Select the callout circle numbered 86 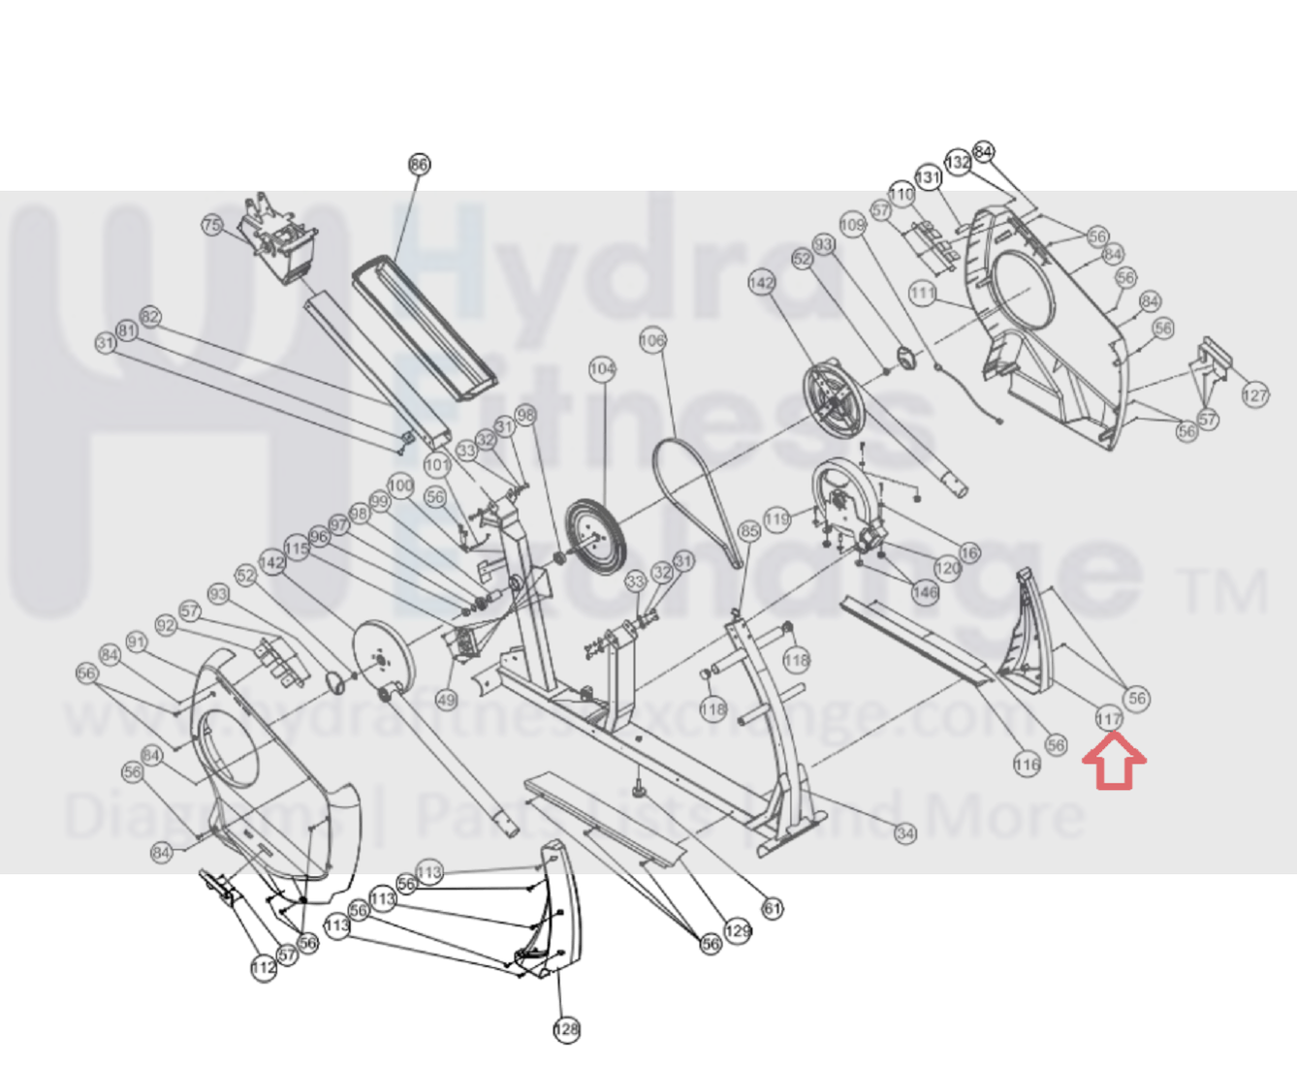419,165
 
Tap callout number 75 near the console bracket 212,225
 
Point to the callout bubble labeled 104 602,369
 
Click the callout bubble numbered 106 652,340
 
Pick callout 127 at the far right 1254,395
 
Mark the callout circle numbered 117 1108,718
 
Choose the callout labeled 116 1027,765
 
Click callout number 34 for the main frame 904,832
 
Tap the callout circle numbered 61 772,908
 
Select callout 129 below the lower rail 738,931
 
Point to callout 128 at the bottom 566,1029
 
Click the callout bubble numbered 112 263,967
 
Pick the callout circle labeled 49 446,700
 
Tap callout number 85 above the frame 749,531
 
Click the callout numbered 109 852,225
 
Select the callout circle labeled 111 922,293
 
